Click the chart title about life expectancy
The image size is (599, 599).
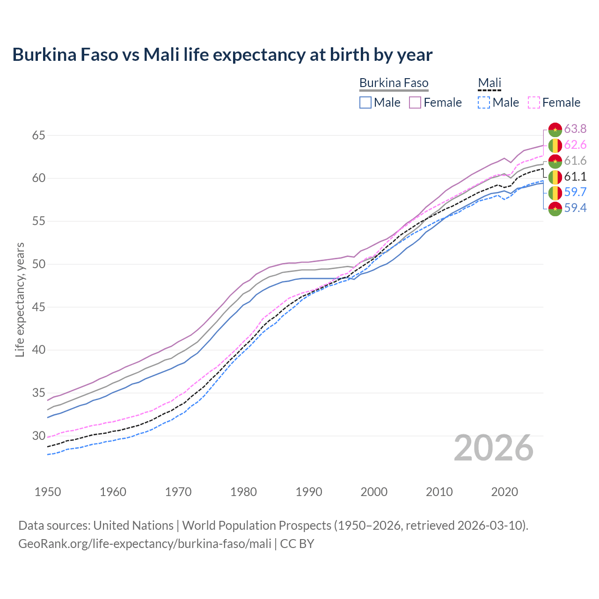point(222,55)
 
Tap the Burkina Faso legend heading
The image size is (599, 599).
point(394,83)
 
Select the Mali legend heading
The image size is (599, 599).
point(489,83)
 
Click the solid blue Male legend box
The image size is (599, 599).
point(365,102)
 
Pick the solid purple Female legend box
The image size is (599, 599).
point(415,102)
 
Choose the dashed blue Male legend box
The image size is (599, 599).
point(484,102)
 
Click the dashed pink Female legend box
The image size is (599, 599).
point(533,102)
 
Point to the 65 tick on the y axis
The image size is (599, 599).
point(38,136)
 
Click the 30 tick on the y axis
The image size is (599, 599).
point(38,436)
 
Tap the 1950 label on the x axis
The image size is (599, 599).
point(48,492)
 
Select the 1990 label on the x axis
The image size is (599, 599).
point(309,492)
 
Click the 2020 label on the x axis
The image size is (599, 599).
point(504,492)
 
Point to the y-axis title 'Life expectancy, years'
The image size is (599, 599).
point(20,299)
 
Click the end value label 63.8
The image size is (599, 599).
point(575,129)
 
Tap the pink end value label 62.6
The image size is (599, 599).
point(575,145)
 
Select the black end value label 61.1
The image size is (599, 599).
point(575,176)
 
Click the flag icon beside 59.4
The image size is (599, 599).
point(555,209)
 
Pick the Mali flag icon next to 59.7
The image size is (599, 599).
point(555,192)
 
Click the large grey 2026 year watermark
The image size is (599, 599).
point(493,448)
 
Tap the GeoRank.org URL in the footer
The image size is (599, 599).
point(145,544)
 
